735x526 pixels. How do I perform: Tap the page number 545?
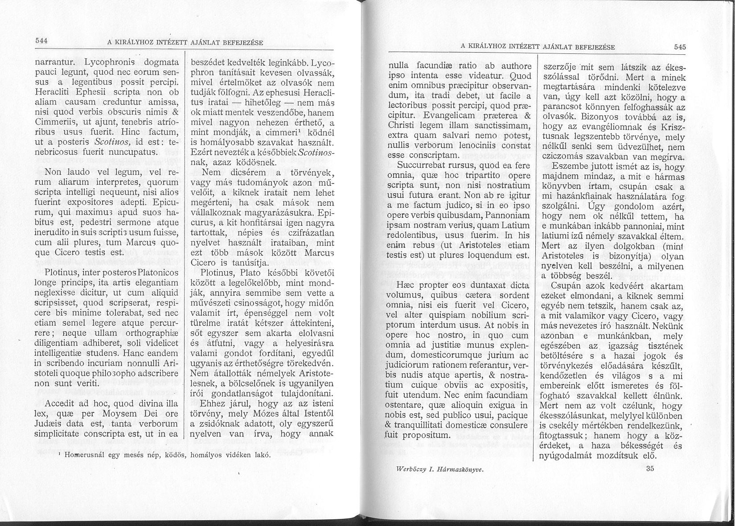click(x=680, y=47)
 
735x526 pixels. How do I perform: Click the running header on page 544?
click(x=185, y=43)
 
